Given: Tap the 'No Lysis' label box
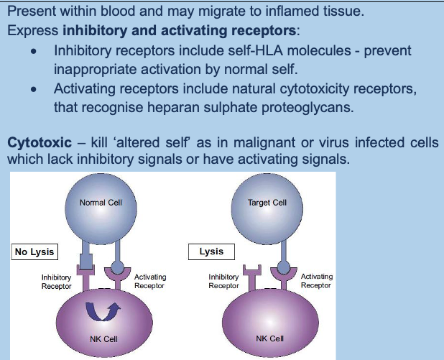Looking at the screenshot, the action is (x=34, y=252).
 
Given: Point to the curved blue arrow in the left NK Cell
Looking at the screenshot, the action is (x=100, y=311).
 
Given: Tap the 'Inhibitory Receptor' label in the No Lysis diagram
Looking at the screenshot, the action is (x=56, y=281).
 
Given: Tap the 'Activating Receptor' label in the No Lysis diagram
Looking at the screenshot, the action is (x=149, y=281).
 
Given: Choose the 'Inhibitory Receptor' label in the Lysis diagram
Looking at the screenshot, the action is (x=223, y=281).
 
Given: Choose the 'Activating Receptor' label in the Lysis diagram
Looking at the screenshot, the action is (x=316, y=281).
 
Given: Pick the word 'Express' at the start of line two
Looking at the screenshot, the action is (x=32, y=32).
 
